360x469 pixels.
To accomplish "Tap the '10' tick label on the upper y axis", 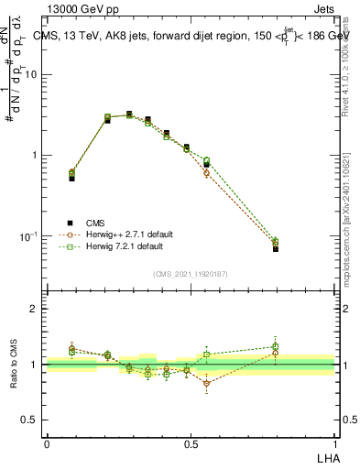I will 31,75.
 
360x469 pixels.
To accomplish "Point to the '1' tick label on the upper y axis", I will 35,156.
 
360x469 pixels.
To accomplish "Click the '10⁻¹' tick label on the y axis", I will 29,236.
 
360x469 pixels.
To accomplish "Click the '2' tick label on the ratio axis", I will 35,310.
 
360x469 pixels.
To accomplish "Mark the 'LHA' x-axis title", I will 325,457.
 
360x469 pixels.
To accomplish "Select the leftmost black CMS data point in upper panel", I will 71,178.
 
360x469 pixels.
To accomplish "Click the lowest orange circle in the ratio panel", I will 206,384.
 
